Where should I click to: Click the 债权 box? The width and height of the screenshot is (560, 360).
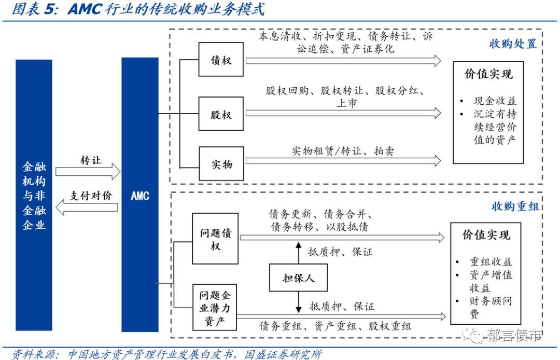coord(221,60)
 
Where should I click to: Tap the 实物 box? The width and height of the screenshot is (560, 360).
coord(221,164)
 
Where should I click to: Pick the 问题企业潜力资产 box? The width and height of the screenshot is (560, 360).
coord(215,307)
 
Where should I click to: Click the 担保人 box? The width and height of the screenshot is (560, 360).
coord(299,279)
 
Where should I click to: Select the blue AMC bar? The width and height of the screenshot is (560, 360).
coord(139,195)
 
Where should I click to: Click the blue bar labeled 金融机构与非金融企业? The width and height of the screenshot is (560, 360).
coord(34,195)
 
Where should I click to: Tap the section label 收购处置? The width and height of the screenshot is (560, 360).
coord(512,43)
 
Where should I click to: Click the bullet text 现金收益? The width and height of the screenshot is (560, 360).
coord(495,101)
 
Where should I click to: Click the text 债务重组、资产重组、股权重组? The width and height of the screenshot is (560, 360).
coord(335,326)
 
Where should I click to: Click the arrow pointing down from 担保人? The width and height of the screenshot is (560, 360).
coord(299,302)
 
